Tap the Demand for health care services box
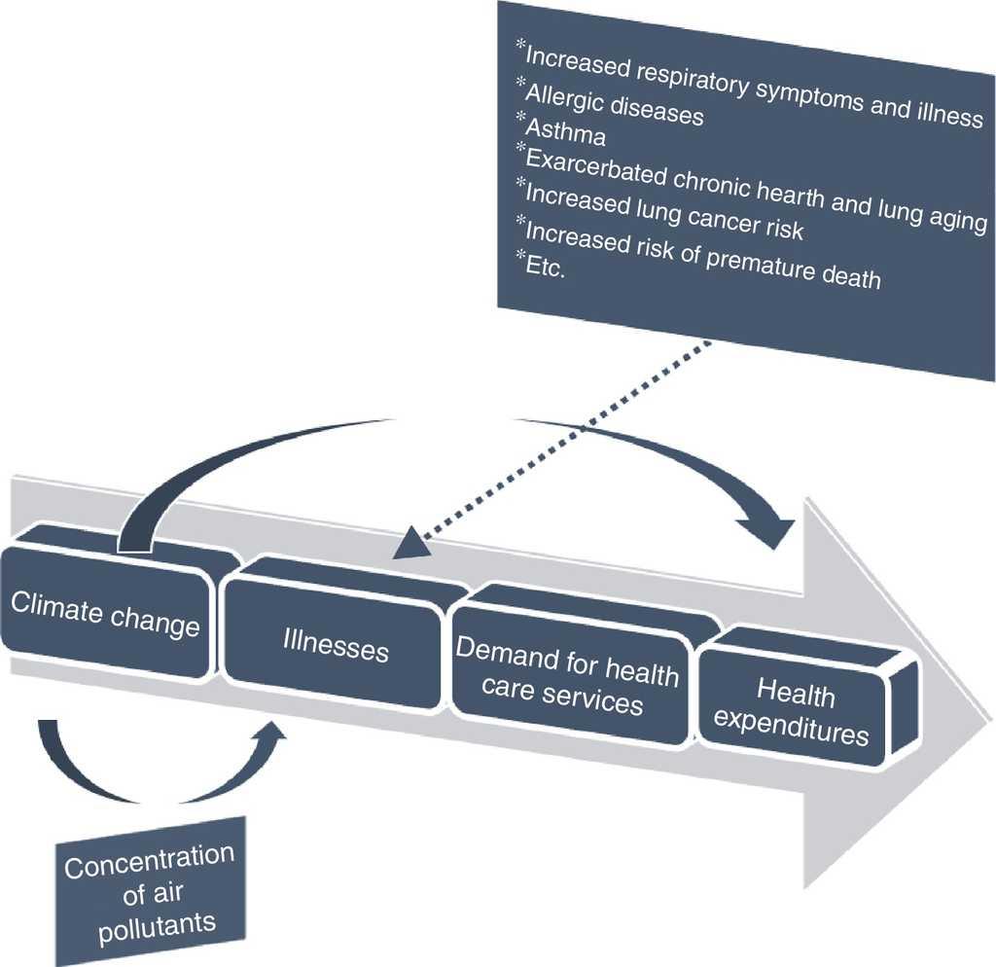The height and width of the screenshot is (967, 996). click(x=567, y=677)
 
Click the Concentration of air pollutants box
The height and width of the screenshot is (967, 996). click(x=150, y=890)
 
